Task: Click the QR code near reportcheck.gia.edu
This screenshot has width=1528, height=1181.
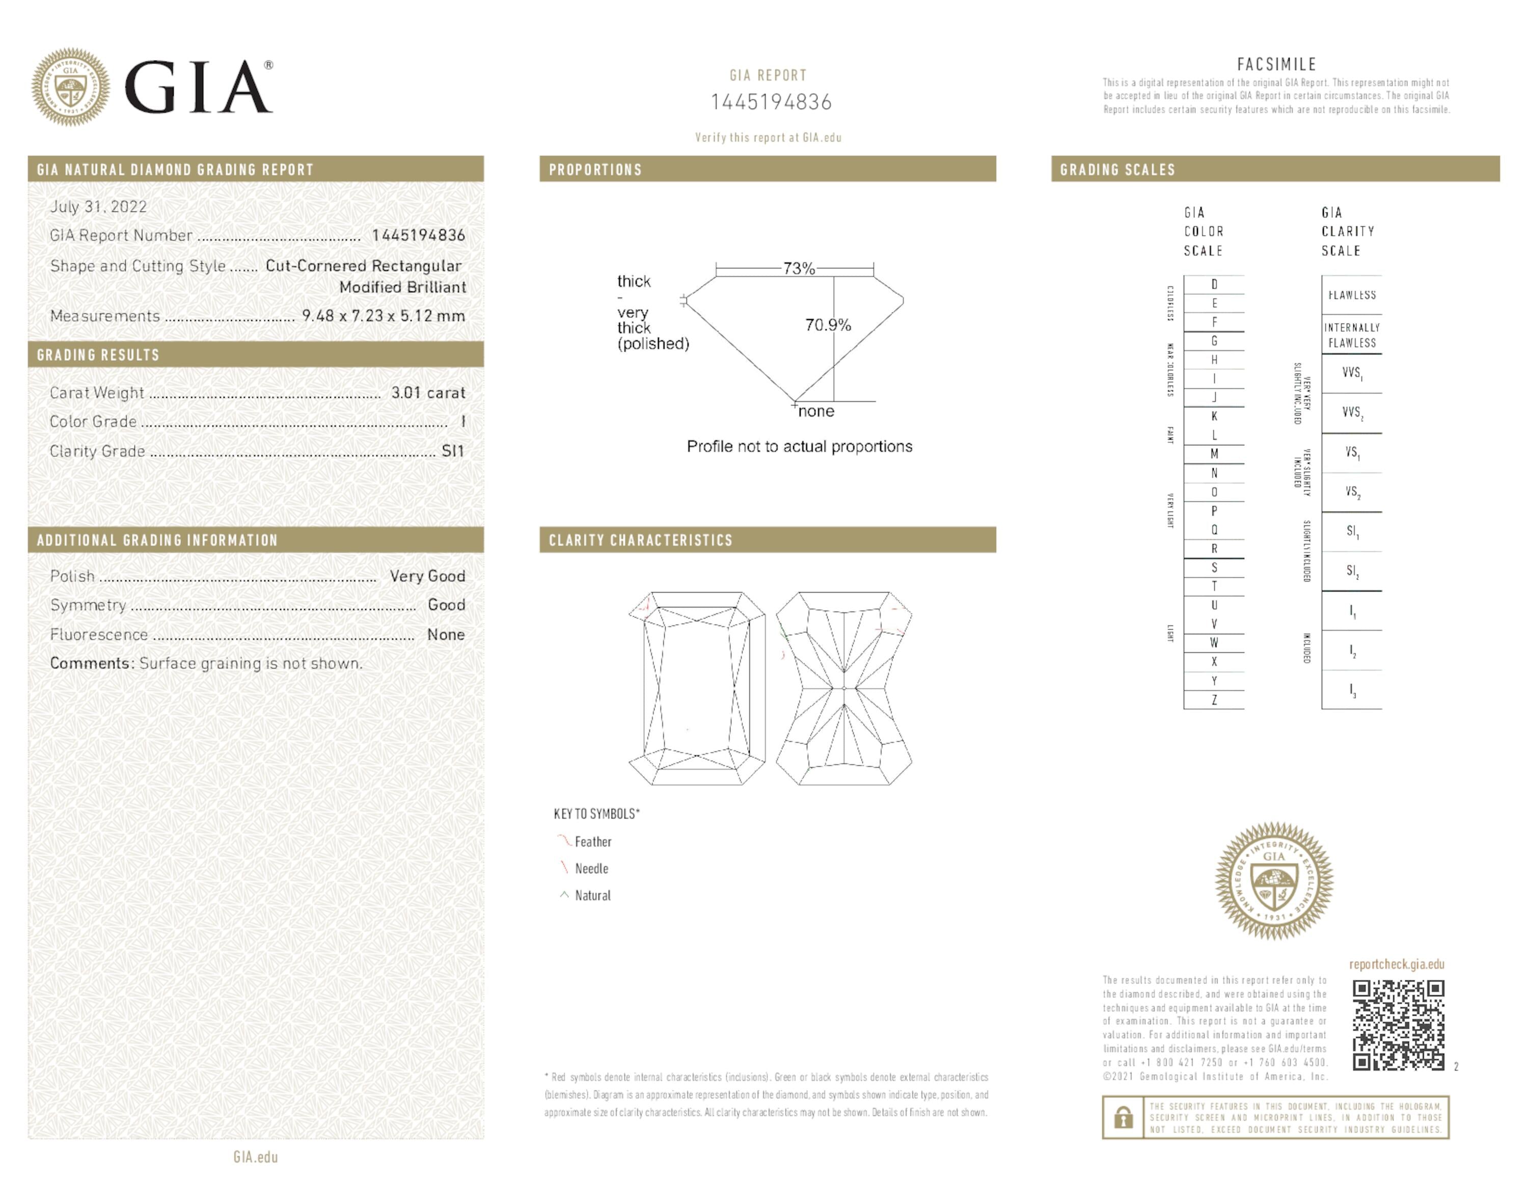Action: coord(1398,1025)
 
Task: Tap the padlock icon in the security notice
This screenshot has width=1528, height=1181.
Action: coord(1124,1117)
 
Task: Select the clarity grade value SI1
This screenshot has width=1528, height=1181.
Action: coord(453,451)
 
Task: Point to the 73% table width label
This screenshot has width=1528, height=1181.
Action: coord(798,268)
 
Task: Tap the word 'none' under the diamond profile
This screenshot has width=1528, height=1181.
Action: coord(816,411)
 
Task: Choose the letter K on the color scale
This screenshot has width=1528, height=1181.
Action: coord(1214,416)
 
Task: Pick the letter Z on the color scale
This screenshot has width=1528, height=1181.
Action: coord(1214,700)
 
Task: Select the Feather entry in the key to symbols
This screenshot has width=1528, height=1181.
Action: coord(592,842)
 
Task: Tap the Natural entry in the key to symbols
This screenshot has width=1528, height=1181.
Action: coord(592,896)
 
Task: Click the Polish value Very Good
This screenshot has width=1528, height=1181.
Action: coord(427,576)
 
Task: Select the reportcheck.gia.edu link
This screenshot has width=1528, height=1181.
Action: coord(1397,964)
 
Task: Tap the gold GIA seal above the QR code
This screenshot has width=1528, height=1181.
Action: coord(1274,880)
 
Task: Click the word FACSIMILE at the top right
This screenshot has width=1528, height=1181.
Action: coord(1276,64)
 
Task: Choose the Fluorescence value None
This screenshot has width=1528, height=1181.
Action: coord(446,635)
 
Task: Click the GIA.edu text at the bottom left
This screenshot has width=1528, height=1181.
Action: coord(255,1157)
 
